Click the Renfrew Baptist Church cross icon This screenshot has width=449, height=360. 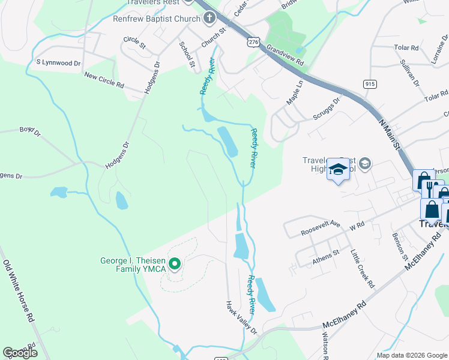coord(209,19)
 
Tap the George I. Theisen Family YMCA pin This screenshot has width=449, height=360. coord(175,263)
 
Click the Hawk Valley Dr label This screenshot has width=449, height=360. coord(241,317)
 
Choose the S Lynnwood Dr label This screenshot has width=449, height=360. coord(58,62)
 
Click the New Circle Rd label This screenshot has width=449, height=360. coord(104,80)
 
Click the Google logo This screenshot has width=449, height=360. coord(19,352)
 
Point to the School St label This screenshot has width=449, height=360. coord(188,55)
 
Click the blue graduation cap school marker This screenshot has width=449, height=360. coord(338,170)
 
